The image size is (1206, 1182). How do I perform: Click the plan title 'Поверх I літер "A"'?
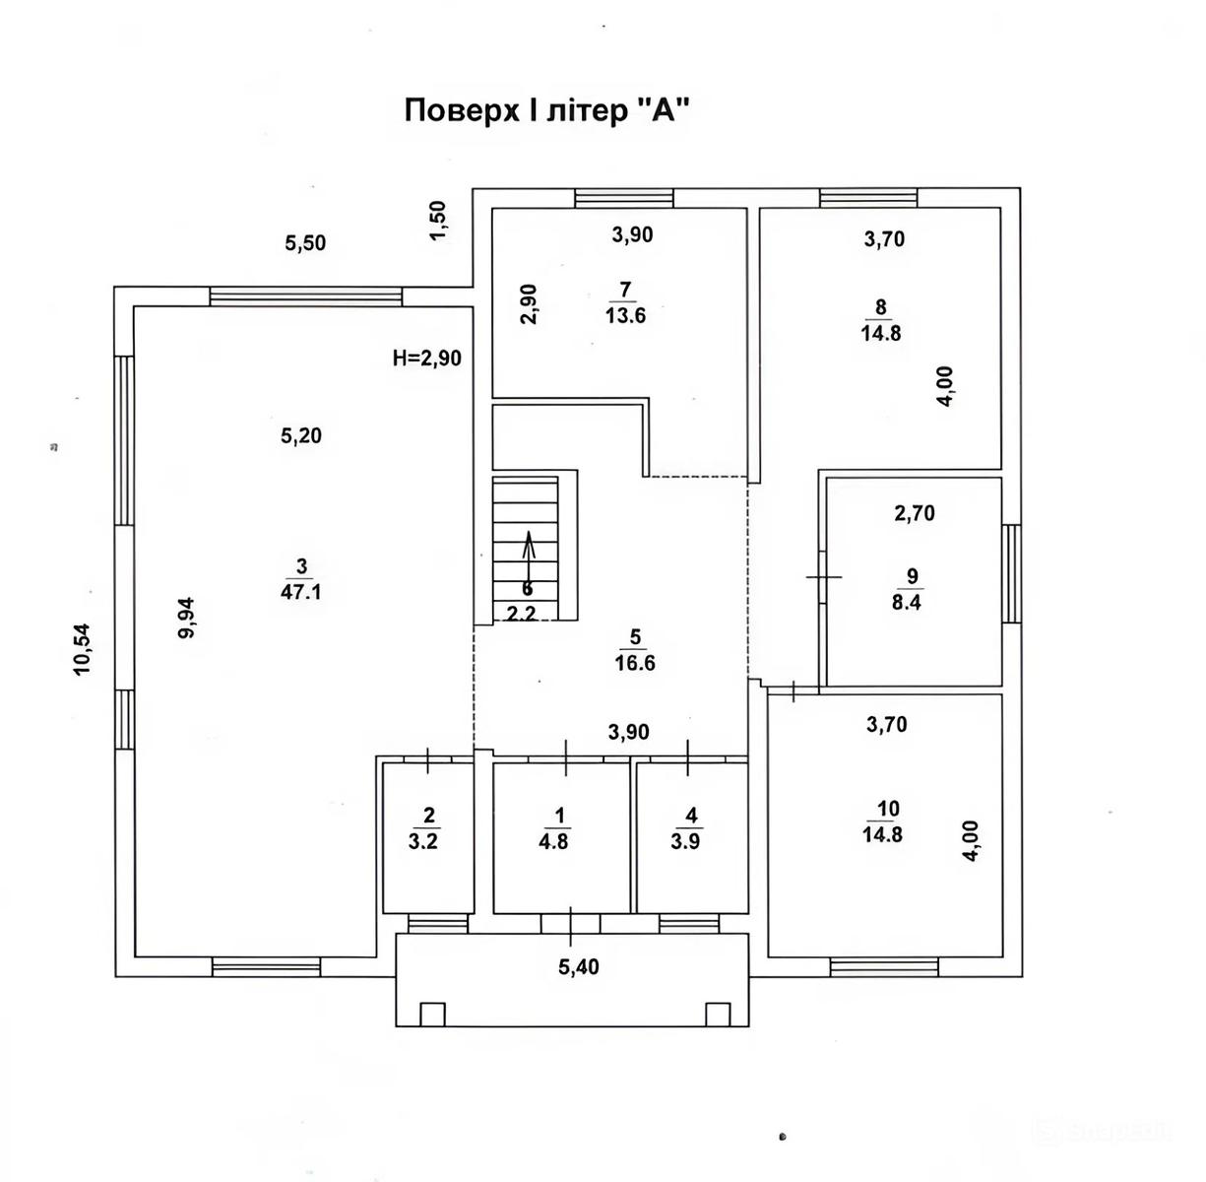[547, 111]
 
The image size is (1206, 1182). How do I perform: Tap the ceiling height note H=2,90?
[427, 358]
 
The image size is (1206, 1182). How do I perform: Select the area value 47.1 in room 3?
[301, 591]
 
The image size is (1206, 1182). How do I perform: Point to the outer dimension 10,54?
[83, 649]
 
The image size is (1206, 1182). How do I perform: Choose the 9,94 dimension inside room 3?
[186, 618]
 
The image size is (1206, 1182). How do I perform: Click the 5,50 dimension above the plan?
[305, 243]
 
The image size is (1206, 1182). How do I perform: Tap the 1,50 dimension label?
[438, 220]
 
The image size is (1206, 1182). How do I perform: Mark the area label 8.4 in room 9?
[907, 603]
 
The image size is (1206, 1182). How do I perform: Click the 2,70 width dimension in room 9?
[915, 513]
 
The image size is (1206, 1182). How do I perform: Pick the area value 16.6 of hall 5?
[635, 663]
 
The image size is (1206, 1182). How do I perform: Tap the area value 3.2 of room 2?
[423, 841]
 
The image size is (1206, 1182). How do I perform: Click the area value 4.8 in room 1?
[553, 841]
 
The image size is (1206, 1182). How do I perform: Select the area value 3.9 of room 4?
[686, 841]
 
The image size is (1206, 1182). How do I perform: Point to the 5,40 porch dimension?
[578, 966]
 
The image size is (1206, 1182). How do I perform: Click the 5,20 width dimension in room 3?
[301, 434]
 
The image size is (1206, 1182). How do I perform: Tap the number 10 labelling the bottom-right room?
[889, 809]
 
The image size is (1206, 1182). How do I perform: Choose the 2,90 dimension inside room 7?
[529, 303]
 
